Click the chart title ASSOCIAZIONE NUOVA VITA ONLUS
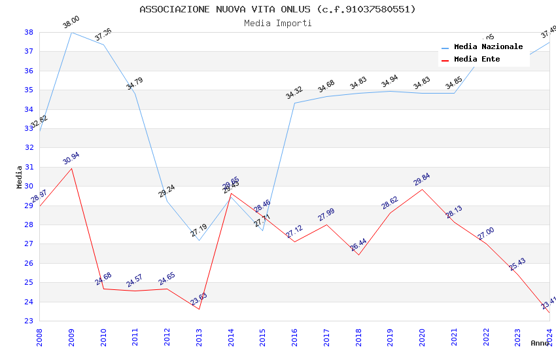tap(277, 9)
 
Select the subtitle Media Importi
tap(277, 23)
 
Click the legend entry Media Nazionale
tap(488, 47)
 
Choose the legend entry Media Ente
tap(477, 59)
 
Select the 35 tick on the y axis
tap(29, 90)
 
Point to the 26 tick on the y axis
tap(29, 263)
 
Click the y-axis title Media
tap(20, 177)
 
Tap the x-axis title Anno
tap(540, 343)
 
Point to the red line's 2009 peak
tap(71, 168)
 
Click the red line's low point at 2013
tap(199, 309)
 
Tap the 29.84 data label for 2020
tap(422, 179)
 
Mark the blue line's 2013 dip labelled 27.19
tap(199, 240)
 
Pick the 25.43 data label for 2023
tap(517, 264)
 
